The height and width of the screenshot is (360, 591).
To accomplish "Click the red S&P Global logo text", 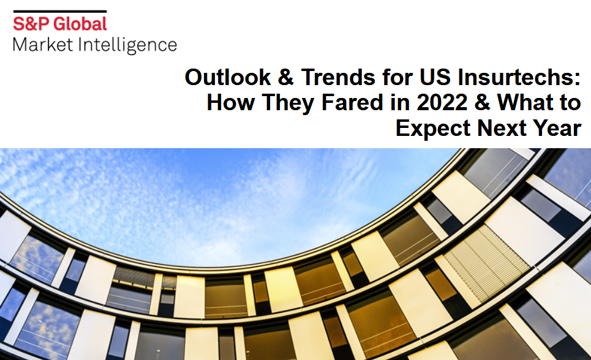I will [x=60, y=24].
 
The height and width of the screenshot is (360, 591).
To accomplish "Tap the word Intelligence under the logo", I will [x=129, y=45].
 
